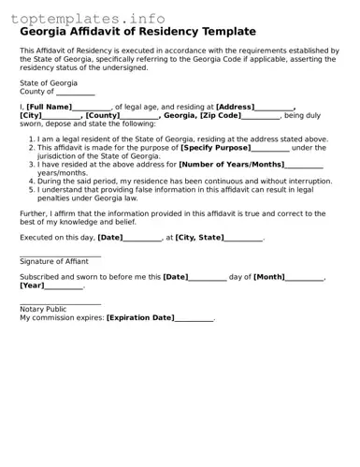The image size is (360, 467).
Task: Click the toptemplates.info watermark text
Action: (x=88, y=19)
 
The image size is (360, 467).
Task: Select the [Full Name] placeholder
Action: (x=49, y=107)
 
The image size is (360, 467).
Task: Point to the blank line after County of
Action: (x=76, y=92)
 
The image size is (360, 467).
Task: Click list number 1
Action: (x=31, y=139)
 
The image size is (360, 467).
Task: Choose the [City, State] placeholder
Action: (x=199, y=238)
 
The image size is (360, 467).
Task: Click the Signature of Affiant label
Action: (x=54, y=261)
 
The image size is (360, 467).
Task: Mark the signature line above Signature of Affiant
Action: (x=60, y=255)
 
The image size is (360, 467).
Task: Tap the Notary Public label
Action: (x=43, y=309)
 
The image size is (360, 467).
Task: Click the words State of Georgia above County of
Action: (x=49, y=83)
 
